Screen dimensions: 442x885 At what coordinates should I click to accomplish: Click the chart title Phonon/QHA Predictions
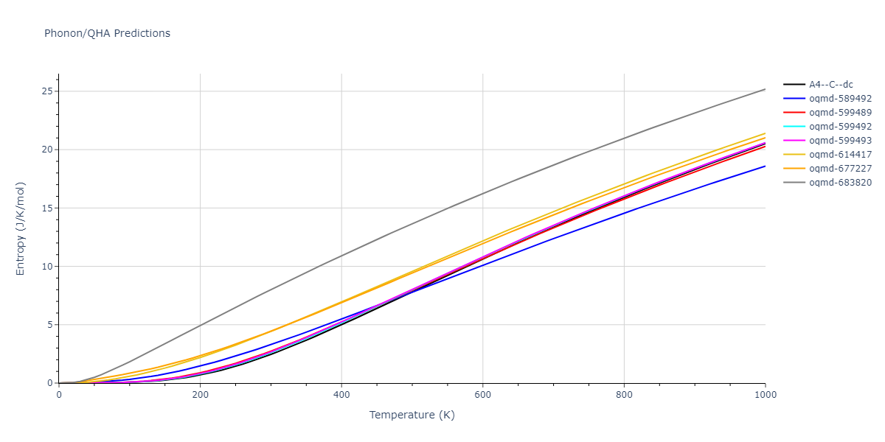107,33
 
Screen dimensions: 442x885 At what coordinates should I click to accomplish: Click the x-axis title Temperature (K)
412,415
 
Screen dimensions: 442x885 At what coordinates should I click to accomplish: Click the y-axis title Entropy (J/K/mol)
21,228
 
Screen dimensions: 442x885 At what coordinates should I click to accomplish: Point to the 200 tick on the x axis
200,395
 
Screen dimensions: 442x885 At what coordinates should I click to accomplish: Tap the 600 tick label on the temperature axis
482,395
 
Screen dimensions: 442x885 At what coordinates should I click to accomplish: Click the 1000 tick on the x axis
765,395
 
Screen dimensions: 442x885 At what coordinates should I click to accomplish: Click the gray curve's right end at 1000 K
765,89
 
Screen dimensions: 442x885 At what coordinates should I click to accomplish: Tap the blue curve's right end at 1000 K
765,166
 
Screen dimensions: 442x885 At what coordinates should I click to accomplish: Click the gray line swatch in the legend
794,183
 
